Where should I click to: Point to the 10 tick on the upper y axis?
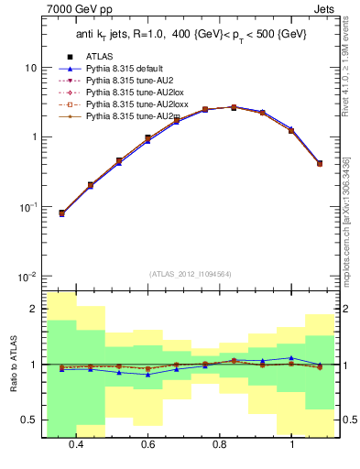(x=31, y=68)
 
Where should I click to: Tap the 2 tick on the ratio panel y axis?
(x=34, y=310)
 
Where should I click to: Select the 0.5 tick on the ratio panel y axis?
(x=31, y=420)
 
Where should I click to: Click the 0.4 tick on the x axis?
(x=76, y=444)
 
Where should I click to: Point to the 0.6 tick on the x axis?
(x=147, y=444)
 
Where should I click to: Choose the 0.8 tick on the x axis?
(x=220, y=444)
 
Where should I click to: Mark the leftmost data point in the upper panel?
(x=61, y=213)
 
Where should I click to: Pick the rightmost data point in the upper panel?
(x=319, y=163)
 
